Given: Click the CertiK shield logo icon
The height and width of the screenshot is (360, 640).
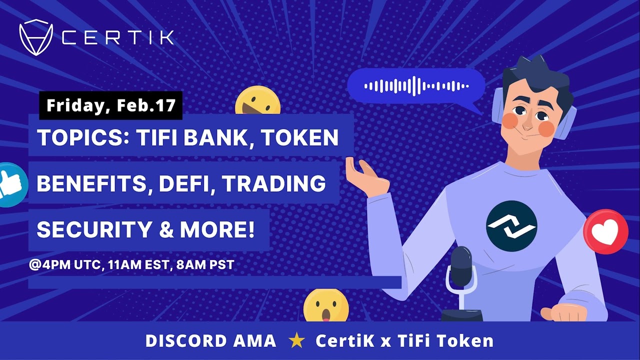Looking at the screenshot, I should (x=36, y=37).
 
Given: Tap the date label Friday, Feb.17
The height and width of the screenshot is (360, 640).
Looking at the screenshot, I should (x=111, y=105).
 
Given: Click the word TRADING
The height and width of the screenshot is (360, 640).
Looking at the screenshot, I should (x=274, y=184).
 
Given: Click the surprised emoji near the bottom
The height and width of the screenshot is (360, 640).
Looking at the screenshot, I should (x=325, y=305).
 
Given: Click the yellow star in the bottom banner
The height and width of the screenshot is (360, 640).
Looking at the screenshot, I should (x=297, y=341).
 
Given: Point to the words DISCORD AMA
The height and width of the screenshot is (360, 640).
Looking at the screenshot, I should (x=210, y=341).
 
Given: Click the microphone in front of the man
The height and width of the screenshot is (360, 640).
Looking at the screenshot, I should (x=461, y=270).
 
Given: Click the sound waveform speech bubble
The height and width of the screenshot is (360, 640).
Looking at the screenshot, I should (x=416, y=86).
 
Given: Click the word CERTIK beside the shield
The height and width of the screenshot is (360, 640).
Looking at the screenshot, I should (x=118, y=37).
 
